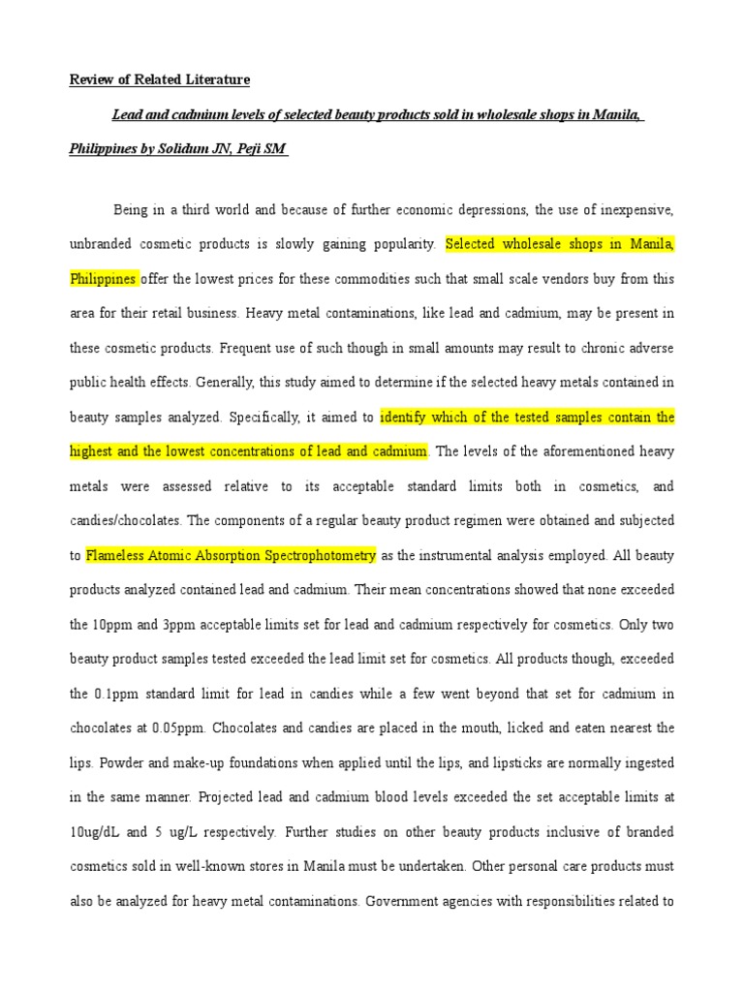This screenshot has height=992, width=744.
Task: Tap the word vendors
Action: [x=571, y=279]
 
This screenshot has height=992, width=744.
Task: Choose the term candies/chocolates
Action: [x=126, y=521]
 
